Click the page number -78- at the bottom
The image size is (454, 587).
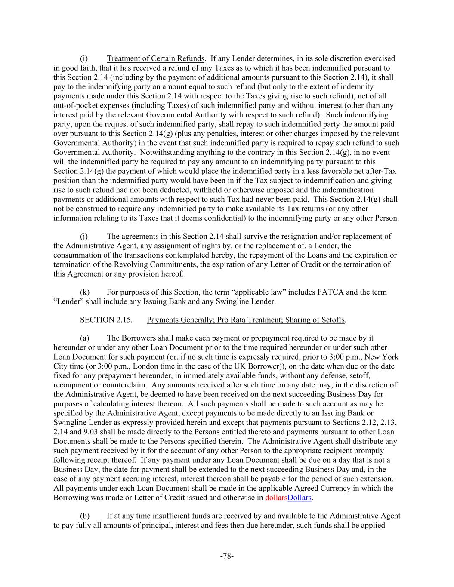pyautogui.click(x=227, y=556)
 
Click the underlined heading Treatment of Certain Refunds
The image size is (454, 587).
pyautogui.click(x=155, y=58)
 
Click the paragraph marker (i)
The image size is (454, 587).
pyautogui.click(x=84, y=58)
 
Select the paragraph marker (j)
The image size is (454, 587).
pyautogui.click(x=84, y=236)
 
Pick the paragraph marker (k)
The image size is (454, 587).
pyautogui.click(x=85, y=292)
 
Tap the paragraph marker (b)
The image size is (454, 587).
pyautogui.click(x=85, y=516)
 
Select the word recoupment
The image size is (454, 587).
pyautogui.click(x=73, y=385)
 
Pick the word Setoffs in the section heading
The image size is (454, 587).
pyautogui.click(x=332, y=320)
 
